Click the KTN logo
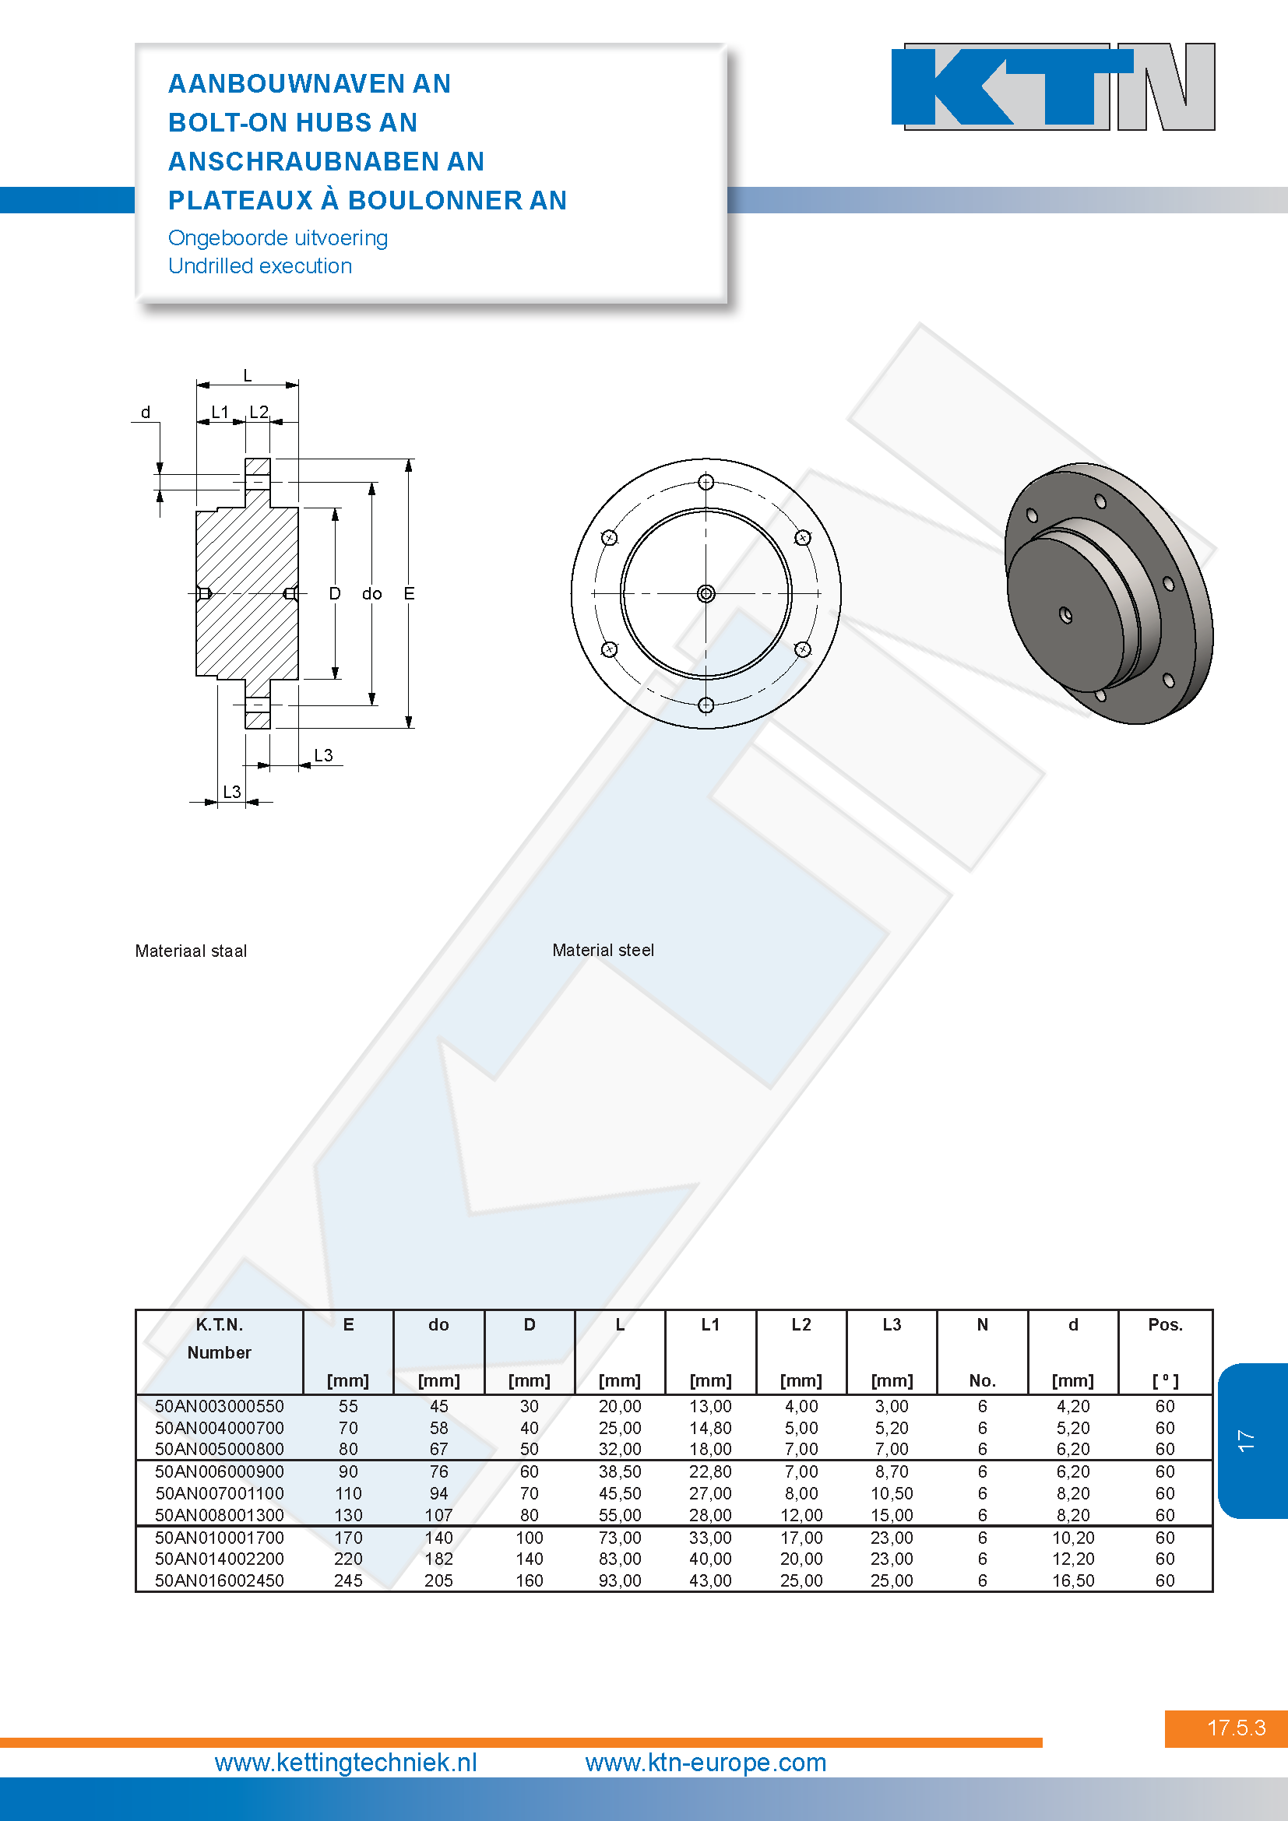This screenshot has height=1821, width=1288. click(x=1054, y=86)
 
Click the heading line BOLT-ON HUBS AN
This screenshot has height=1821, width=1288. click(x=293, y=122)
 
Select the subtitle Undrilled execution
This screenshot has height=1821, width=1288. click(x=260, y=265)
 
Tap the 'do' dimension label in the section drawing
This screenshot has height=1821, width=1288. click(x=372, y=593)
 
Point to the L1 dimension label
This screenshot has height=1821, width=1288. click(x=220, y=412)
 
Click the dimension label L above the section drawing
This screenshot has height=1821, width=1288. click(x=248, y=375)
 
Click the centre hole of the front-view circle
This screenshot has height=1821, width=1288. click(x=706, y=593)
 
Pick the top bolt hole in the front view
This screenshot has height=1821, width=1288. click(x=706, y=481)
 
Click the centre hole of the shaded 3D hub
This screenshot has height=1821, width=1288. click(x=1066, y=615)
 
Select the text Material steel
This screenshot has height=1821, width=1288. click(x=603, y=949)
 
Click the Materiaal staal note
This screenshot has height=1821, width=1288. click(x=190, y=950)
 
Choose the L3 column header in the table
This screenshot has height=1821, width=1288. click(x=892, y=1324)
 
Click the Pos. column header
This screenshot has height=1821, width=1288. click(x=1165, y=1324)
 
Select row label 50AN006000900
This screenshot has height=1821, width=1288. click(x=220, y=1471)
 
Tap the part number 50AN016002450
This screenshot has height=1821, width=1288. click(x=220, y=1580)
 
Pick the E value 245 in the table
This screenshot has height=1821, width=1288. click(x=348, y=1580)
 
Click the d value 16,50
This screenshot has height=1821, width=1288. click(x=1073, y=1580)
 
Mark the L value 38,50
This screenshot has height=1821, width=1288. click(x=620, y=1471)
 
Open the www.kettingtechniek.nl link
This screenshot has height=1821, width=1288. click(x=346, y=1763)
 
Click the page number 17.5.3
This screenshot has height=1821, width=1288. click(x=1236, y=1728)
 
